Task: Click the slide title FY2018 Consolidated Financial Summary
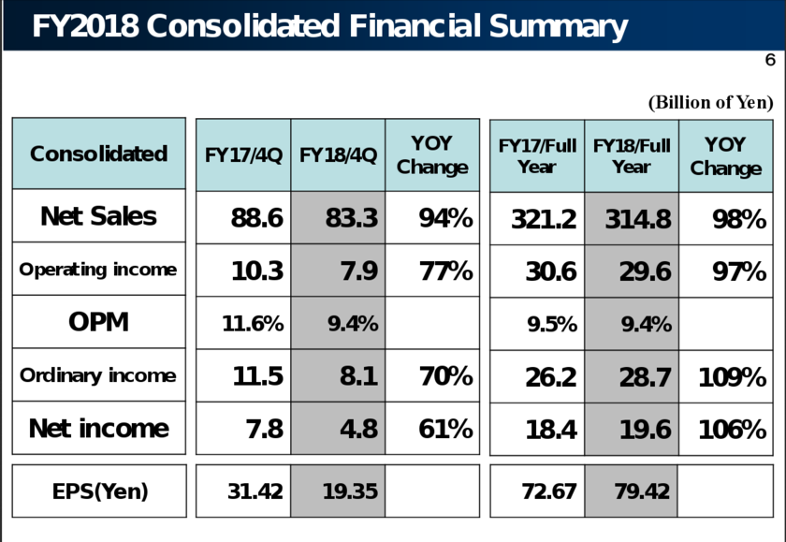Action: tap(329, 26)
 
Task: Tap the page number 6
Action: tap(769, 61)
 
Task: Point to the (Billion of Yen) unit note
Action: tap(710, 102)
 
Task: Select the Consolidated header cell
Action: tap(98, 154)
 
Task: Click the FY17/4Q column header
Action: tap(243, 154)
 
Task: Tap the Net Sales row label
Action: tap(98, 217)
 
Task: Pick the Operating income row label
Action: tap(98, 270)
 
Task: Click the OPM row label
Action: tap(98, 323)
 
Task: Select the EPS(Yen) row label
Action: tap(98, 491)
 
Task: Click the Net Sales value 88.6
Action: tap(256, 219)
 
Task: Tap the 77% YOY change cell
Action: tap(444, 271)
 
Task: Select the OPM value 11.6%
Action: tap(253, 324)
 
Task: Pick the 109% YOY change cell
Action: tap(732, 377)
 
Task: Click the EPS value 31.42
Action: tap(255, 491)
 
